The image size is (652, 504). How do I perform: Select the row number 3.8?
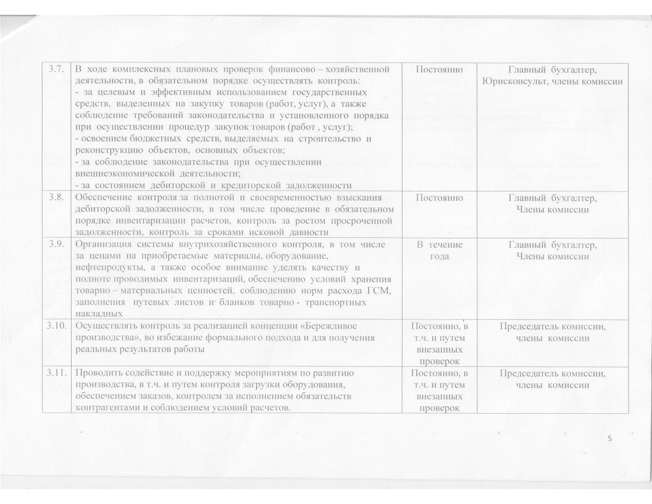pyautogui.click(x=56, y=198)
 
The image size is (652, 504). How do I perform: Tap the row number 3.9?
pyautogui.click(x=56, y=245)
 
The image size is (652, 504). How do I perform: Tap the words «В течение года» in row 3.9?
pyautogui.click(x=439, y=251)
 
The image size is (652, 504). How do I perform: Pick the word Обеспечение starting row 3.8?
pyautogui.click(x=102, y=198)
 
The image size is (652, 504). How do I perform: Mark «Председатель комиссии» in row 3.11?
pyautogui.click(x=553, y=374)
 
